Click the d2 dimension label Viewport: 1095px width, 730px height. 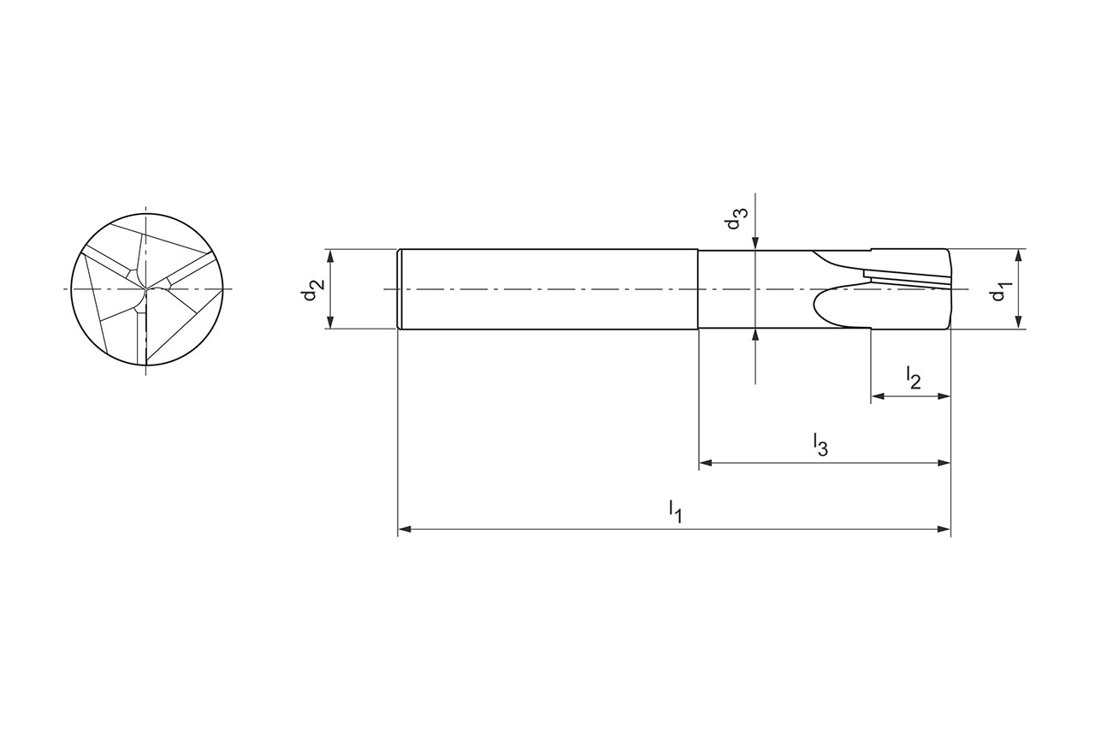311,289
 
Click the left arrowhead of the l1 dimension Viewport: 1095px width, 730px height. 405,529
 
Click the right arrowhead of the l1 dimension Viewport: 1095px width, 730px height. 944,529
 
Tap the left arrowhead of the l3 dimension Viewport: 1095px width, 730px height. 706,462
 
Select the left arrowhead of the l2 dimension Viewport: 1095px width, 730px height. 878,396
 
